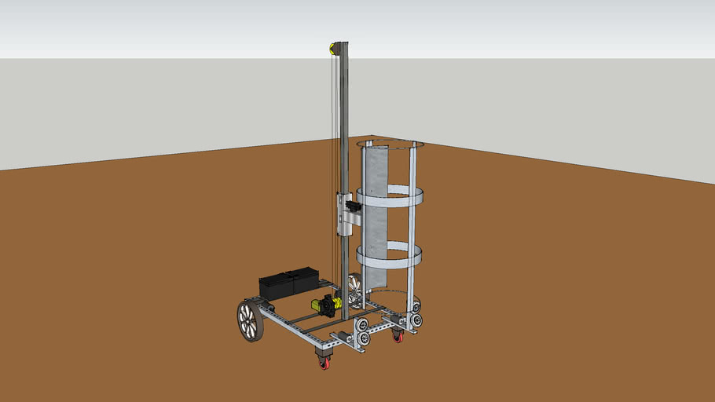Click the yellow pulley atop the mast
(x=333, y=49)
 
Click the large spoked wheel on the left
(x=250, y=322)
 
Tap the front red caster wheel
(x=324, y=362)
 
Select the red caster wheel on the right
(x=398, y=336)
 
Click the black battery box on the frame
(x=288, y=283)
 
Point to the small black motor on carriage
(x=352, y=206)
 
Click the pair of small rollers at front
(x=363, y=331)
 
